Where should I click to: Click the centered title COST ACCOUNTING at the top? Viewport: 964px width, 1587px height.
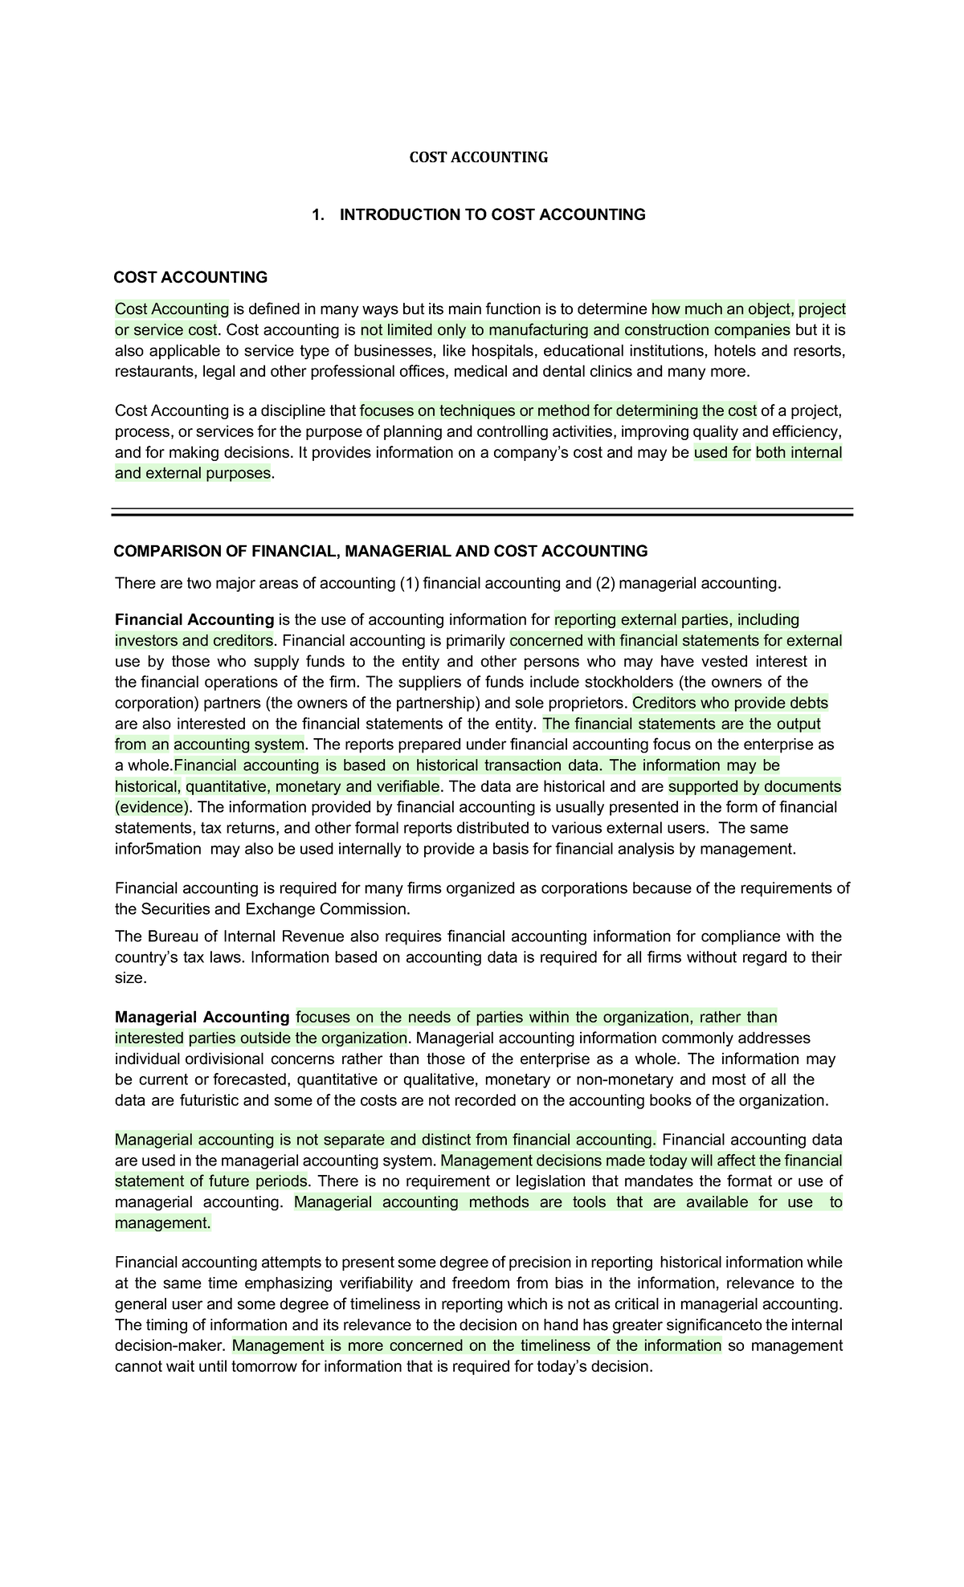(x=479, y=157)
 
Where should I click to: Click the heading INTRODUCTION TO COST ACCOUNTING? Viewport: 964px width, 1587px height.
(x=492, y=214)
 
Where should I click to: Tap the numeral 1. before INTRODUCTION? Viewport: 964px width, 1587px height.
(x=318, y=214)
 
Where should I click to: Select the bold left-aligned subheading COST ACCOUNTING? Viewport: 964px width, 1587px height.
(x=190, y=278)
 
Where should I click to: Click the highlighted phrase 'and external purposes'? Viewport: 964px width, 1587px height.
(x=193, y=474)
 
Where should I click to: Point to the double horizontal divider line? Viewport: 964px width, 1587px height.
(x=482, y=512)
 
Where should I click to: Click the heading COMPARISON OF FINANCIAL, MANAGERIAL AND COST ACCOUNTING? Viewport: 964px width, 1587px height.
(x=380, y=552)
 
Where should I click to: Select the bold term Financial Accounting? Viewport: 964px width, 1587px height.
(x=194, y=620)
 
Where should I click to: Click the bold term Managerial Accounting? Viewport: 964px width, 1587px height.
(x=202, y=1018)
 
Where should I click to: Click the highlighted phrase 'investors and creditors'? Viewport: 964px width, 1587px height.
(x=194, y=641)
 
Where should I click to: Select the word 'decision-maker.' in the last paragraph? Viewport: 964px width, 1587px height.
(x=171, y=1346)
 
